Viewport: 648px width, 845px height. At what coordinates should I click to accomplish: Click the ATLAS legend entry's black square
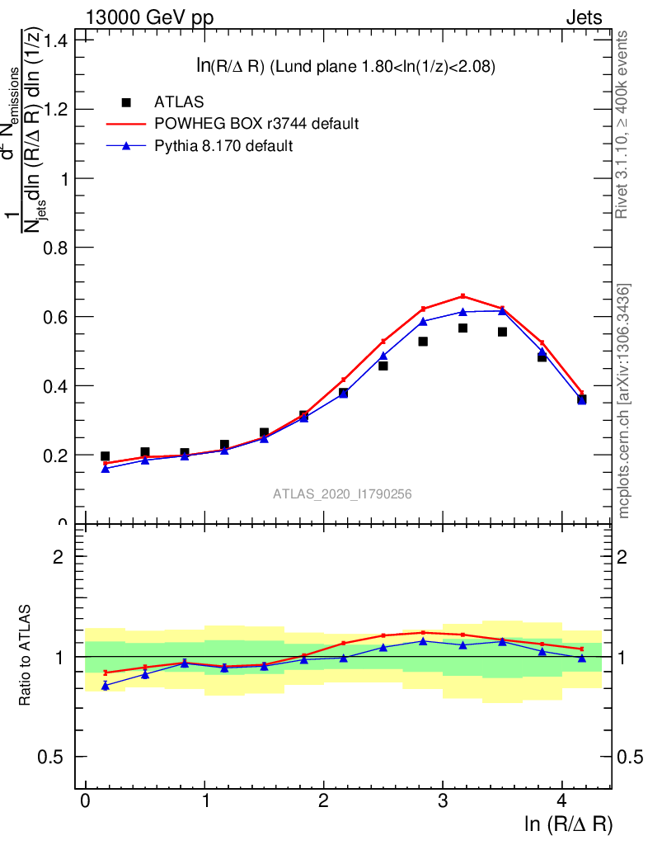(x=126, y=102)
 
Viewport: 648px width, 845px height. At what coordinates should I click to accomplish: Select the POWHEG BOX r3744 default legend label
(x=256, y=124)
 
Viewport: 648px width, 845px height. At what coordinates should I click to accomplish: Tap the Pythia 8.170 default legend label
(x=224, y=146)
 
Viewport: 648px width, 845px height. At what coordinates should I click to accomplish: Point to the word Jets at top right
(x=584, y=18)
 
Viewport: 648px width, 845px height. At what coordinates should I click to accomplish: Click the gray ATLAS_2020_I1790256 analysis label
(x=343, y=493)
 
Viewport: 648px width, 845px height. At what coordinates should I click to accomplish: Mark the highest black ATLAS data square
(x=463, y=328)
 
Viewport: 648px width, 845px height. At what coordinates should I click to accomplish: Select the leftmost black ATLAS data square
(x=105, y=456)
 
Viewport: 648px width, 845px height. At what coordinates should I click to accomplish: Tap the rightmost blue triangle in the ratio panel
(x=582, y=658)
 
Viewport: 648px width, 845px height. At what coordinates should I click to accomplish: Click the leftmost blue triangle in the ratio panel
(x=105, y=686)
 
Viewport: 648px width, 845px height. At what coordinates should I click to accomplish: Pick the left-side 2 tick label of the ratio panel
(x=59, y=557)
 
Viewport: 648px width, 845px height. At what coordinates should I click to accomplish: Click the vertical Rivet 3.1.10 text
(x=622, y=124)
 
